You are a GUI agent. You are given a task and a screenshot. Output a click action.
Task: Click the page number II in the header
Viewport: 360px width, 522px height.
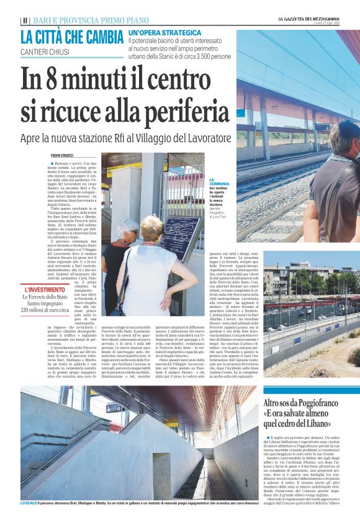click(24, 20)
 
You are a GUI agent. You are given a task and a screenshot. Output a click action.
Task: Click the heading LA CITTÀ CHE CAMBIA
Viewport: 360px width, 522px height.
click(72, 37)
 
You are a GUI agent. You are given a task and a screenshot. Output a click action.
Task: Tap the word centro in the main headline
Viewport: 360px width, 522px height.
click(186, 80)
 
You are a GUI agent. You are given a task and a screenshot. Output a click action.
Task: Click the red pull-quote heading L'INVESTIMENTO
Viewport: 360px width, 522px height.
click(44, 290)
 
